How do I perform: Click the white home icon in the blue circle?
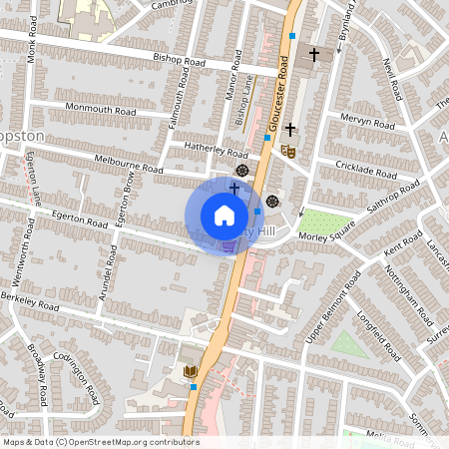click(224, 216)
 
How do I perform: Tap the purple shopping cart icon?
click(228, 245)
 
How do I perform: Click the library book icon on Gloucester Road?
click(191, 373)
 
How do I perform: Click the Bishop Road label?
click(179, 60)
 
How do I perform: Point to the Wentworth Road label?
click(30, 242)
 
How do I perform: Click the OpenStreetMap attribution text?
click(100, 442)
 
